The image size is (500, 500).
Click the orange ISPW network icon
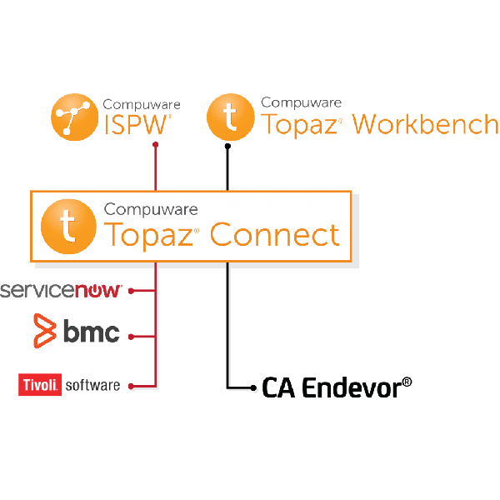(x=75, y=117)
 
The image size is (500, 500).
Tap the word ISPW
(x=136, y=125)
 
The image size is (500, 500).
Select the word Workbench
(x=425, y=124)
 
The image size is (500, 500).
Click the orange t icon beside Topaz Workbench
(x=231, y=117)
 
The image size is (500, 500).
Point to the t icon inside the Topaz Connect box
(x=68, y=227)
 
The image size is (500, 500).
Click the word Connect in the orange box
(x=274, y=235)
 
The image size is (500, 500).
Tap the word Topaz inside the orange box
(x=148, y=237)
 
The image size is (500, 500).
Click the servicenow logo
(x=61, y=291)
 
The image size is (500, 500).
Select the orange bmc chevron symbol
(x=45, y=331)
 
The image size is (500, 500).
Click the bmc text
(x=92, y=331)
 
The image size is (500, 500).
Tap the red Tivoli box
(x=40, y=384)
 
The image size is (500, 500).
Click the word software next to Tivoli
(x=92, y=385)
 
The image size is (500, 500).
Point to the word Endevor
(x=352, y=387)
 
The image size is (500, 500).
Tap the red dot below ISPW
(x=156, y=145)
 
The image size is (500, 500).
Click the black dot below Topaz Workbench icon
(x=227, y=147)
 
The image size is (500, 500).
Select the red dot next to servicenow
(x=131, y=291)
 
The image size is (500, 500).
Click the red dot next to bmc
(x=131, y=337)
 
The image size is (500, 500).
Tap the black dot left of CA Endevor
(x=253, y=388)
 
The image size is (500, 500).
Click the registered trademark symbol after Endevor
(x=407, y=382)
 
